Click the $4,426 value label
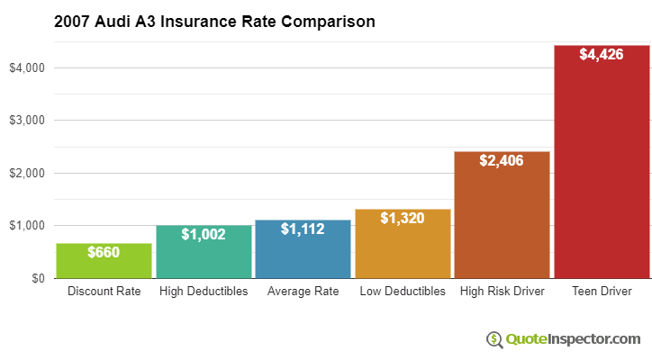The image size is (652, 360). [602, 55]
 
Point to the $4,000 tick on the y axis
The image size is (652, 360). [27, 67]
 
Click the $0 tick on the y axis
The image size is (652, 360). [36, 278]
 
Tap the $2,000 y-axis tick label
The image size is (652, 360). [27, 173]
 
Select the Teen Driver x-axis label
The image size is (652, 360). [602, 292]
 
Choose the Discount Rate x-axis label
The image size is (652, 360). [104, 292]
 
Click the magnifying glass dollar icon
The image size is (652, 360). [494, 339]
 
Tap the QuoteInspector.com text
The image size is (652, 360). [573, 339]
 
